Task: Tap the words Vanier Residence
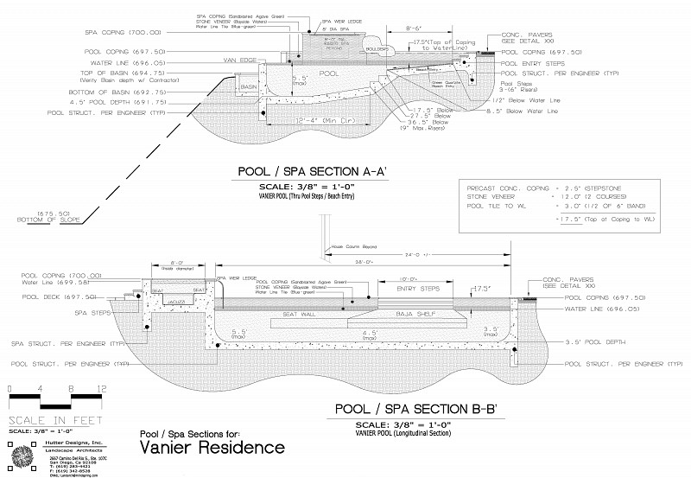(x=211, y=447)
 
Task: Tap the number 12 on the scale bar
(x=102, y=389)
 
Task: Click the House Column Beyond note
(x=356, y=247)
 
